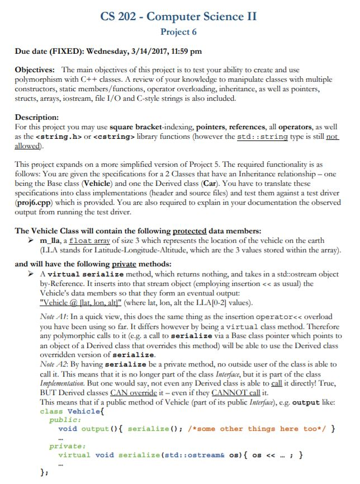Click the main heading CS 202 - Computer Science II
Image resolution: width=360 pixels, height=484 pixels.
pos(179,16)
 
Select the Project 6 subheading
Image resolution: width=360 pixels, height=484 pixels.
pos(178,32)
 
